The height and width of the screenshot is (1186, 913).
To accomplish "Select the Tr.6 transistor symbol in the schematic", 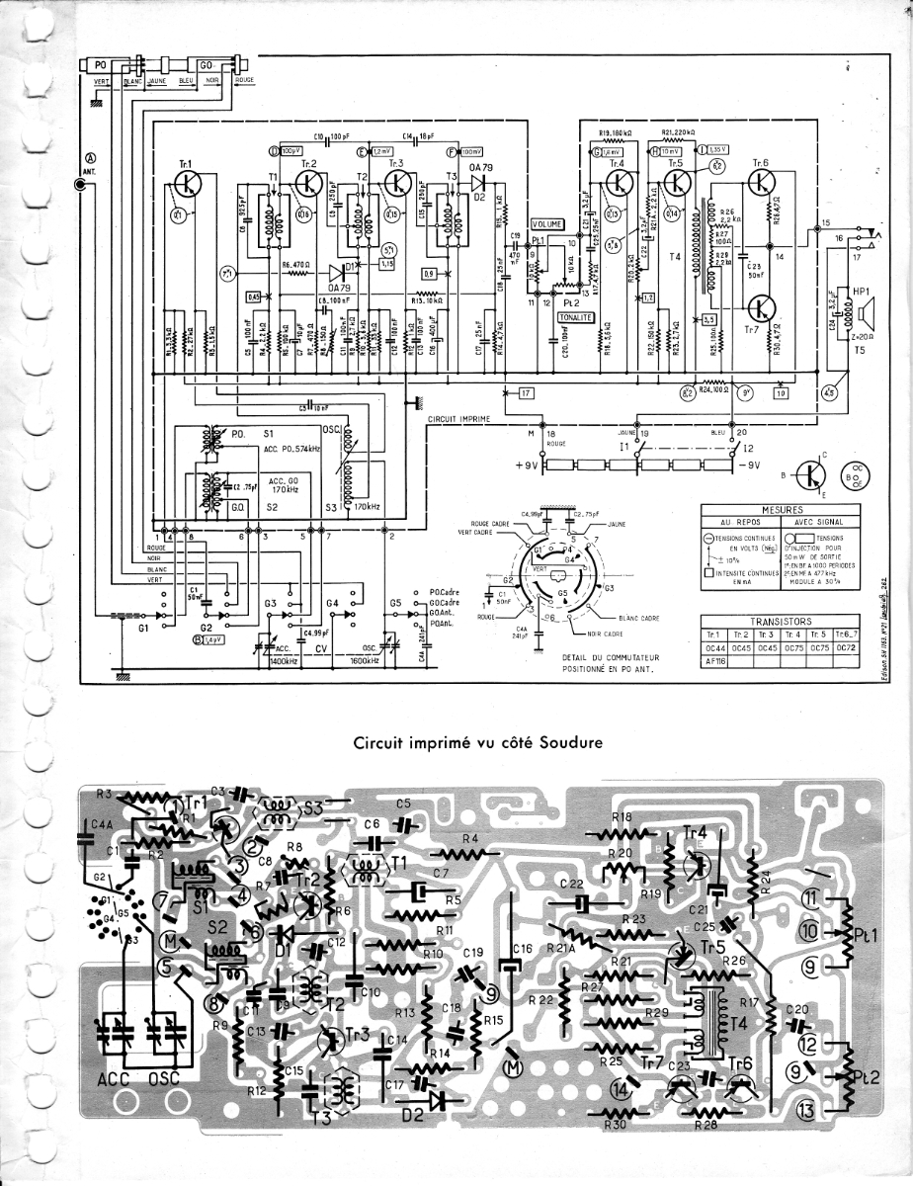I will coord(762,181).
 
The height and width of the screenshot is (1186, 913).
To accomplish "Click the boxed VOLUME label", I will coord(548,224).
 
